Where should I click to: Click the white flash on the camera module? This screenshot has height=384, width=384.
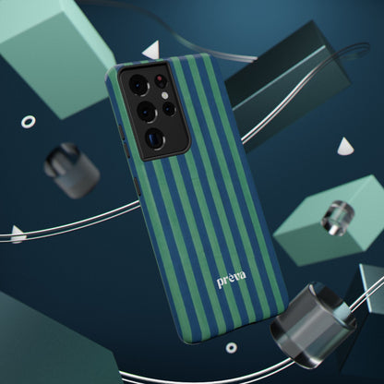165,95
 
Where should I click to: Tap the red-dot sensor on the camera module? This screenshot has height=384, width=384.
160,79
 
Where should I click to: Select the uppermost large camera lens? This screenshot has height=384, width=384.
138,83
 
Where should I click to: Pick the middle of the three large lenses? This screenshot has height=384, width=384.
146,112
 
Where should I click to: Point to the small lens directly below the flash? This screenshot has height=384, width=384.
169,109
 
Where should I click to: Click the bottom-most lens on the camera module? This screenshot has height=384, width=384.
155,138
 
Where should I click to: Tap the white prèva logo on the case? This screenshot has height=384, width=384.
232,279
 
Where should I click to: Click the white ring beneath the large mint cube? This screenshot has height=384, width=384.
29,122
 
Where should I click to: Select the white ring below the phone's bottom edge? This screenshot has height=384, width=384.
231,348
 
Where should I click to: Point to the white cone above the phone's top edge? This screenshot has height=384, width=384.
152,50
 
